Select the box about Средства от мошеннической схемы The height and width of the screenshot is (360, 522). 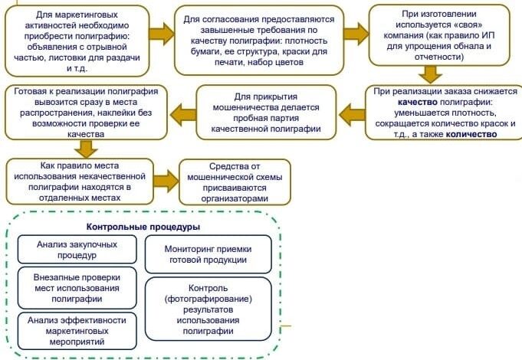pos(235,181)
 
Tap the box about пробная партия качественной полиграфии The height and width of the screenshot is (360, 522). pos(264,113)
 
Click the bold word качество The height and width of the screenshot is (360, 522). pos(420,101)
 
